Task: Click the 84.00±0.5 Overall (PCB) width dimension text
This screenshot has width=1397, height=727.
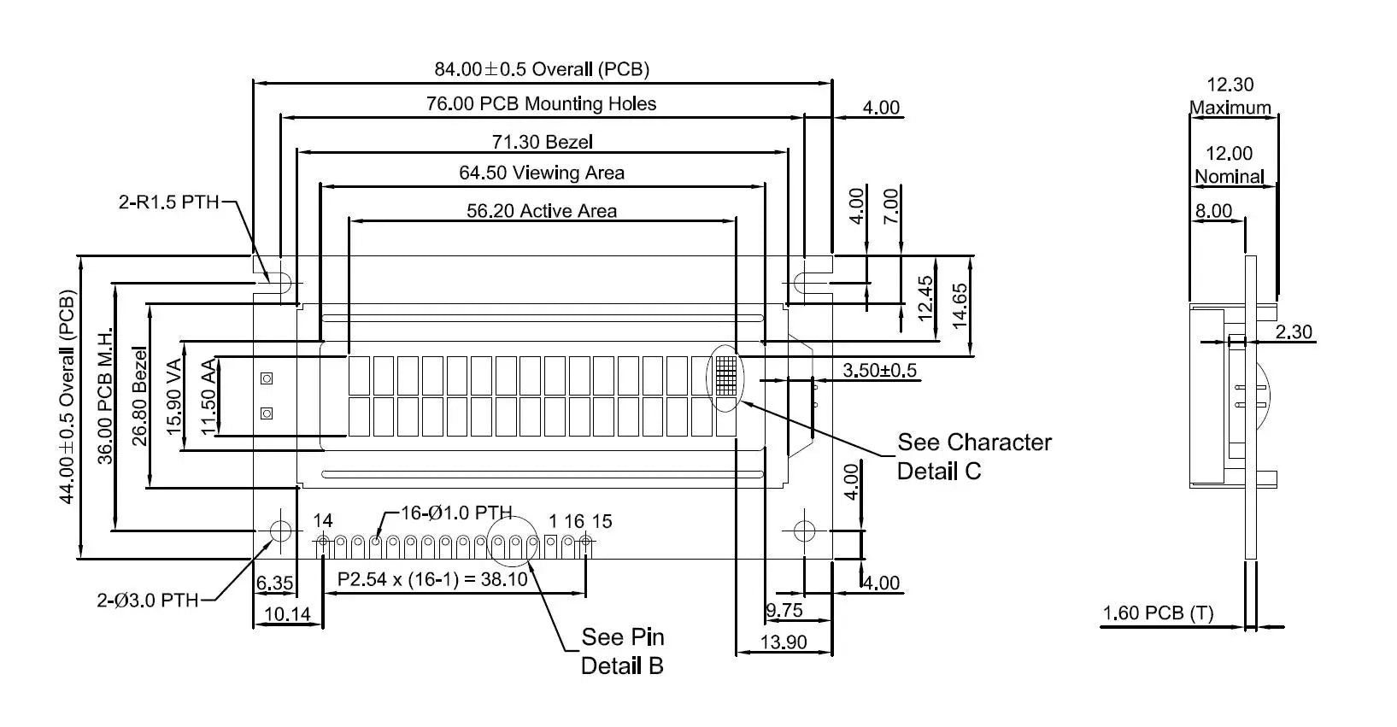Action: pyautogui.click(x=542, y=68)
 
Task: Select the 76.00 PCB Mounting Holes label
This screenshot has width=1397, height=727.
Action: pyautogui.click(x=542, y=103)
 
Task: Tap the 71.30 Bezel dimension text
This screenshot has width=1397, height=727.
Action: pyautogui.click(x=542, y=142)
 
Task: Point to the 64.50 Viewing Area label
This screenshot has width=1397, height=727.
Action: pyautogui.click(x=542, y=173)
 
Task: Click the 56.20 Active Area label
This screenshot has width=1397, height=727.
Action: pyautogui.click(x=542, y=211)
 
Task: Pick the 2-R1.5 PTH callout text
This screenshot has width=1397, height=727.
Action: pyautogui.click(x=169, y=202)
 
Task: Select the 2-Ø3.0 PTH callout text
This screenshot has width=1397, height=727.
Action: pyautogui.click(x=147, y=601)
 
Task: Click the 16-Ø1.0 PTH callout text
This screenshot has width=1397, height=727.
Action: pyautogui.click(x=456, y=513)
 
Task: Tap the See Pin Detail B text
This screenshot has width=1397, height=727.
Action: pyautogui.click(x=622, y=652)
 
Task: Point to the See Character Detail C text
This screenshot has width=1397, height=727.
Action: pyautogui.click(x=974, y=456)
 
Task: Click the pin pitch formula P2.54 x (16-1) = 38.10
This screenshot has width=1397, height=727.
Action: pyautogui.click(x=432, y=579)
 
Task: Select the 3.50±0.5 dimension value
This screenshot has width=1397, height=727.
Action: pyautogui.click(x=880, y=371)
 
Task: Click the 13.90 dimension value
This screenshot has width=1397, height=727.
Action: pyautogui.click(x=784, y=642)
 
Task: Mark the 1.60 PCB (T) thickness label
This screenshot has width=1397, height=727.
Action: pyautogui.click(x=1158, y=613)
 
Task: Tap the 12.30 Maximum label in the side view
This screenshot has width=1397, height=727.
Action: pyautogui.click(x=1230, y=96)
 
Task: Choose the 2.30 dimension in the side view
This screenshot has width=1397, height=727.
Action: pyautogui.click(x=1294, y=331)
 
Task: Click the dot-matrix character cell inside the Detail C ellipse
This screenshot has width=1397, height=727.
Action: pyautogui.click(x=726, y=376)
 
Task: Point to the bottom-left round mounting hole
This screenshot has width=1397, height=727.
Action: pyautogui.click(x=280, y=531)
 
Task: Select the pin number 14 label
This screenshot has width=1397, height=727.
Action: pyautogui.click(x=322, y=520)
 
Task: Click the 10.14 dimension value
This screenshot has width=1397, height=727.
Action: pyautogui.click(x=287, y=614)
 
